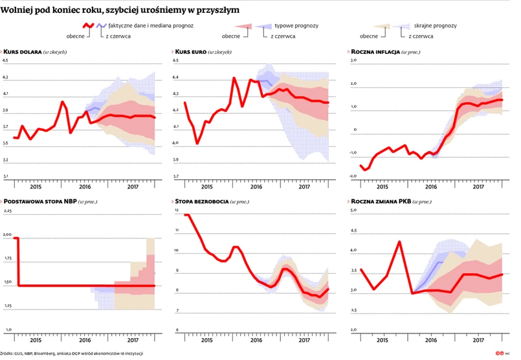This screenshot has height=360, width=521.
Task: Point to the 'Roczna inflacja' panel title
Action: [x=375, y=51]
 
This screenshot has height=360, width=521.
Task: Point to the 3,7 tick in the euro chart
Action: [x=176, y=176]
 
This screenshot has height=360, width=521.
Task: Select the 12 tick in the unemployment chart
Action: [x=176, y=212]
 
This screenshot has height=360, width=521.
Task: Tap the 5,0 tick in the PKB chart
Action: [x=354, y=211]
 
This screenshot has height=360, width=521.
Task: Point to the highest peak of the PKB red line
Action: [x=400, y=242]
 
